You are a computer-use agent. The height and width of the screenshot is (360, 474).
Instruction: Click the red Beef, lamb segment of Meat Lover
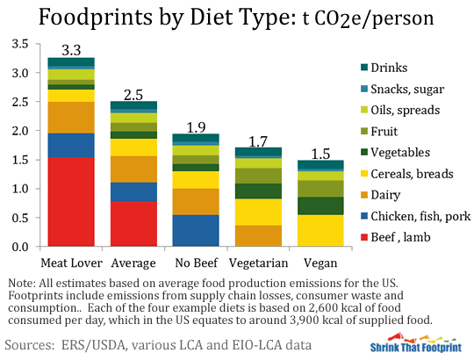coord(71,201)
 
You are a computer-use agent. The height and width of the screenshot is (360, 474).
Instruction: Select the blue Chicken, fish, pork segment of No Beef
coord(196,230)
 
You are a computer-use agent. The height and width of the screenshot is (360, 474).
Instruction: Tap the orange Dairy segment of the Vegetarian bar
coord(258,235)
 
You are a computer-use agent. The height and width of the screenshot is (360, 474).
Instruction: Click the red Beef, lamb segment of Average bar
coord(133,224)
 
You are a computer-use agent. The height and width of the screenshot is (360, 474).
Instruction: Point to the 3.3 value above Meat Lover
coord(71,49)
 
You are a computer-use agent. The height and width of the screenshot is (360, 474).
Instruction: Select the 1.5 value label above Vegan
coord(320,152)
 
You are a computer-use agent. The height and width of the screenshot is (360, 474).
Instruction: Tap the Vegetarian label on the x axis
coord(258,263)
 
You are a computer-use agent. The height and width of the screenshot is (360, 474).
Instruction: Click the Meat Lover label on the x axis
coord(71,263)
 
